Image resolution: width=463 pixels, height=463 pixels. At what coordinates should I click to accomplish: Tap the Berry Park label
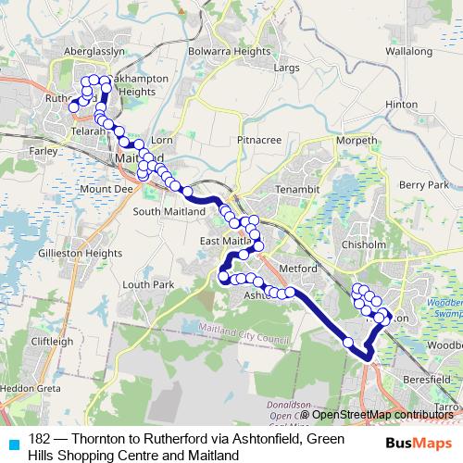point(424,185)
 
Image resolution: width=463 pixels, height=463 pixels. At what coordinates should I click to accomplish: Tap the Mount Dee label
point(101,190)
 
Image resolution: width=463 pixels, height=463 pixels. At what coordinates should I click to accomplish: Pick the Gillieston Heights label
point(81,252)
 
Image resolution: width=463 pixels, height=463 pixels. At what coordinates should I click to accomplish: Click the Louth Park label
point(147,284)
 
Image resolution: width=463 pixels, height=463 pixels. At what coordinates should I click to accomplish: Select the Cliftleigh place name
point(52,341)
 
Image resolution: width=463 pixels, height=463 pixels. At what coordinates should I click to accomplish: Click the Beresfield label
point(427,379)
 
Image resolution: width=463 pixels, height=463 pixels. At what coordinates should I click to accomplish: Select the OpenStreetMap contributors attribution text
point(380,415)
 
